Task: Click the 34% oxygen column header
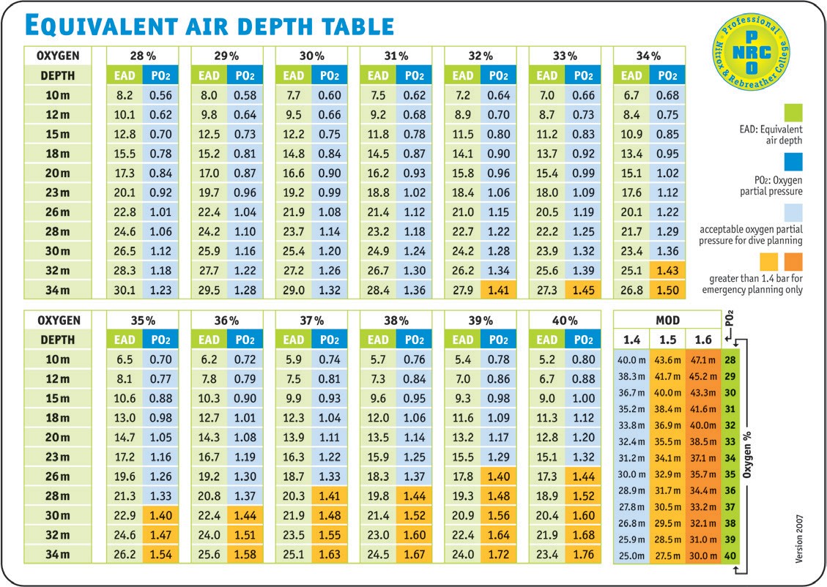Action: [x=648, y=56]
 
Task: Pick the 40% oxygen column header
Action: [x=564, y=321]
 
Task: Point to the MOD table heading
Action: [x=666, y=321]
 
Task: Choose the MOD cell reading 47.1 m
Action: [x=703, y=360]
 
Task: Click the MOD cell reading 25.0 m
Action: [x=631, y=556]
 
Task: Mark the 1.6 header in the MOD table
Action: [x=703, y=340]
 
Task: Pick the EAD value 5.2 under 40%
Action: [x=546, y=360]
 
